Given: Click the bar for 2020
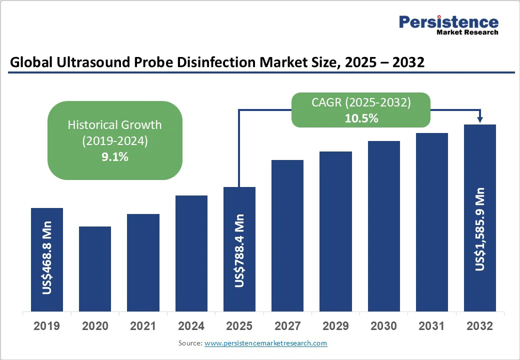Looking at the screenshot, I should pyautogui.click(x=95, y=269).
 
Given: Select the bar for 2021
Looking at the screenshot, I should pyautogui.click(x=143, y=262).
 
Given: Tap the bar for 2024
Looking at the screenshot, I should pyautogui.click(x=191, y=253).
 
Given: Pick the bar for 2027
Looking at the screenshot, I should pyautogui.click(x=287, y=235).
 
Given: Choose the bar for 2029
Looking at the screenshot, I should pyautogui.click(x=335, y=231).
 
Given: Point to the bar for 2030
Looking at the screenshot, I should pyautogui.click(x=384, y=226).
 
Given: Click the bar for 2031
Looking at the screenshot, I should pyautogui.click(x=432, y=222).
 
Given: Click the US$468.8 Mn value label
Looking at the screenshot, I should pyautogui.click(x=47, y=261).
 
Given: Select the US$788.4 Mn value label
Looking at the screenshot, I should pyautogui.click(x=239, y=250).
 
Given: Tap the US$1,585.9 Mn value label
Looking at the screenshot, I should pyautogui.click(x=480, y=229).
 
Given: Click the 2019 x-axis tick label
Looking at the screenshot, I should pyautogui.click(x=47, y=326).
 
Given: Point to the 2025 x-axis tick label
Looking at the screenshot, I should pyautogui.click(x=239, y=326).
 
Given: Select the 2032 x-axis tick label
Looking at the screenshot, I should pyautogui.click(x=480, y=326).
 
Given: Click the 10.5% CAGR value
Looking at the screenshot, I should pyautogui.click(x=361, y=118).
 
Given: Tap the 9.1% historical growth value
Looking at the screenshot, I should pyautogui.click(x=114, y=157).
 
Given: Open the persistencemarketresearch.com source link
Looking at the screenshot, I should pyautogui.click(x=265, y=343).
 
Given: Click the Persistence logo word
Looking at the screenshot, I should pyautogui.click(x=448, y=22).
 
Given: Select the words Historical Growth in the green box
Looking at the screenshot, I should pyautogui.click(x=114, y=124).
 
